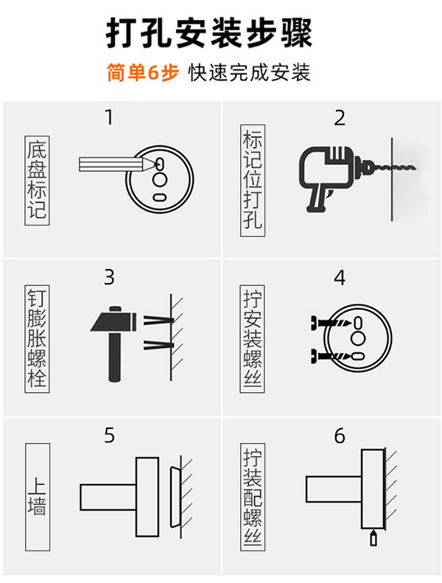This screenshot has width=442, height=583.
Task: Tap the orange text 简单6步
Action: point(142,73)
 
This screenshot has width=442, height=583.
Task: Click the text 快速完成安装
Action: point(249,73)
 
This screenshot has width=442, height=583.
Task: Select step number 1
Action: point(110,117)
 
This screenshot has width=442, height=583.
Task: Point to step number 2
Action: point(340,118)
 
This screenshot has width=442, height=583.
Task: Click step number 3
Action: point(110,278)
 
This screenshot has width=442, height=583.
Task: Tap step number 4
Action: point(340,278)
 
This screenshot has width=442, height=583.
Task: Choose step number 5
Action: point(110,436)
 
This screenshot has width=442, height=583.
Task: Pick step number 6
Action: point(340,436)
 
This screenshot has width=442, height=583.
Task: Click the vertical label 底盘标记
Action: point(37,181)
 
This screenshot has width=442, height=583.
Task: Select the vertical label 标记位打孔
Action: point(253,180)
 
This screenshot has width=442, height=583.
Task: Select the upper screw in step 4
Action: point(329,324)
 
